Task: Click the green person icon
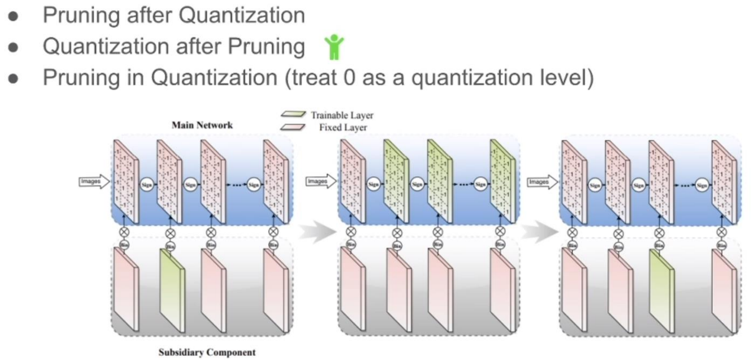tap(334, 47)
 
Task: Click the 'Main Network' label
tap(202, 125)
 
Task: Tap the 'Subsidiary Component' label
tap(207, 352)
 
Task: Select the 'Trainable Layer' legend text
tap(342, 115)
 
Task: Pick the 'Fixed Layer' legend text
tap(343, 128)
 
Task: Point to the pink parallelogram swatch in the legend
tap(293, 127)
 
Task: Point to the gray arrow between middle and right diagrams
tap(539, 232)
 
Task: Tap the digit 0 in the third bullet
tap(350, 77)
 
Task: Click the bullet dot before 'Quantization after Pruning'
tap(13, 47)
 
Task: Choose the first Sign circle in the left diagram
tap(147, 184)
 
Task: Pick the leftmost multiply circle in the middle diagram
tap(351, 232)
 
